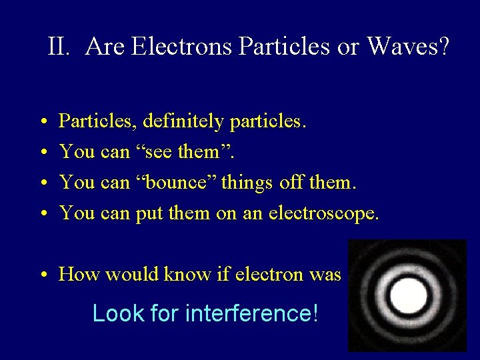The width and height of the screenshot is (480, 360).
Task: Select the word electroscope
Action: click(x=323, y=213)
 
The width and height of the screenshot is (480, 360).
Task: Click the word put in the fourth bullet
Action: click(x=149, y=213)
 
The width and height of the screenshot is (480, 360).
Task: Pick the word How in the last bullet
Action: click(x=79, y=274)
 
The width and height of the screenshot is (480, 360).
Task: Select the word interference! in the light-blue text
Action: click(x=252, y=313)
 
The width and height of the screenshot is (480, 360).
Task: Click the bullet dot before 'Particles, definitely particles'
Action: click(x=42, y=122)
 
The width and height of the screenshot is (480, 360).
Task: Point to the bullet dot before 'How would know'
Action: click(x=42, y=275)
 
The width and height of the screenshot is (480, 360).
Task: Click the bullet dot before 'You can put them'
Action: click(x=42, y=213)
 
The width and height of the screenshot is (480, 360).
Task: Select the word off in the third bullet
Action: click(x=316, y=181)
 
